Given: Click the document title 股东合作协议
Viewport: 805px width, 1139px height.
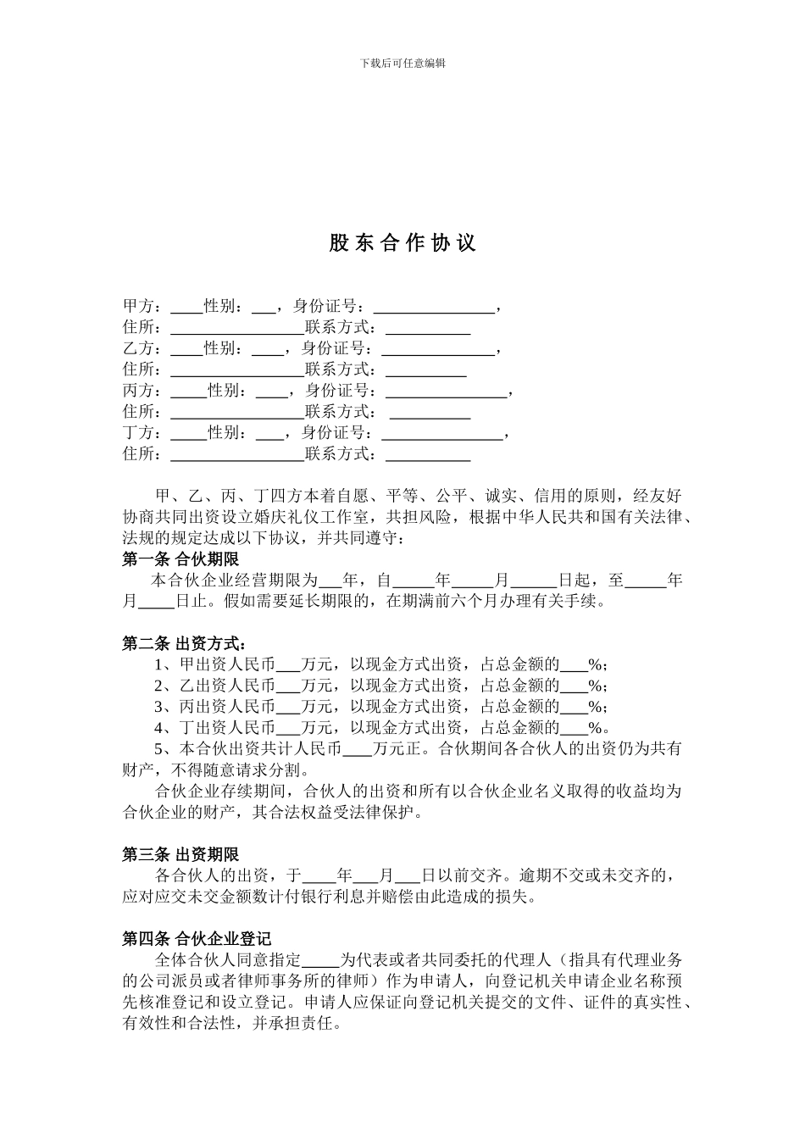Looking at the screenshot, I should click(x=402, y=243).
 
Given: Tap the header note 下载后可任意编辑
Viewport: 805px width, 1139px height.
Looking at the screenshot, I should click(x=402, y=63).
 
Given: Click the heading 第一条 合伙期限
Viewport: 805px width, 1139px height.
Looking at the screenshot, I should click(x=180, y=559).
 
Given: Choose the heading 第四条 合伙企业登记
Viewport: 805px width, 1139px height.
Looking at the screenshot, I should click(x=197, y=938).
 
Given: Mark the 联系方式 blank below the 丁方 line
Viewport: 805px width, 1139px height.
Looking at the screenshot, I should click(x=428, y=455).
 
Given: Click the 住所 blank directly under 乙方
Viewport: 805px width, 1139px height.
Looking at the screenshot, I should click(x=237, y=370).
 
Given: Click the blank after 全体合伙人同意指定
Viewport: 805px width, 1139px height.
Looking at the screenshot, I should click(x=320, y=961).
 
